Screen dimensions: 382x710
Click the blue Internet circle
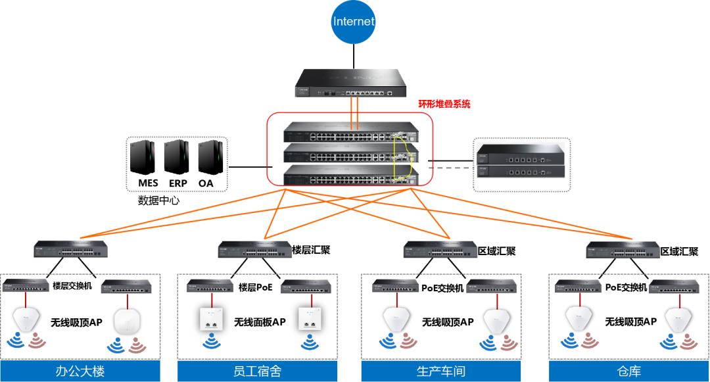click(x=354, y=22)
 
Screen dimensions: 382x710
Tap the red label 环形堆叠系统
click(x=444, y=104)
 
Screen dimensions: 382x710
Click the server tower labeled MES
click(x=148, y=160)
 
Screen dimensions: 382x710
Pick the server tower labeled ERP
click(x=177, y=160)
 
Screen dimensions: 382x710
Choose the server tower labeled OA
click(x=206, y=160)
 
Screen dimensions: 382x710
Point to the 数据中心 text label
click(x=158, y=199)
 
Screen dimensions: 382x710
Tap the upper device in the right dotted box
click(x=521, y=155)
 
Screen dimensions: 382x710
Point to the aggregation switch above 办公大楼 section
click(x=71, y=250)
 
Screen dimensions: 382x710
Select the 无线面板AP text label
click(x=261, y=322)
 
